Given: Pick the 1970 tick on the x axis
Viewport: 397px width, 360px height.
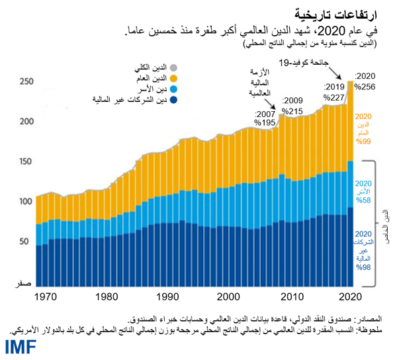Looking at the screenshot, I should point(46,297).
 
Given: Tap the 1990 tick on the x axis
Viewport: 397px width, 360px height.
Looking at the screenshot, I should point(168,297).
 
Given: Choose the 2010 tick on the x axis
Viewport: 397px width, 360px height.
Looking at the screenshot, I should point(289,297).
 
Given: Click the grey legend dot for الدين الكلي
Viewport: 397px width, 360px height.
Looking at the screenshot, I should point(174,67).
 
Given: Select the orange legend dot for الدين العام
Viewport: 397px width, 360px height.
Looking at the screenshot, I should point(174,79).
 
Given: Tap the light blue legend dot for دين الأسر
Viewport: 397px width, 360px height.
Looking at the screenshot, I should point(174,89).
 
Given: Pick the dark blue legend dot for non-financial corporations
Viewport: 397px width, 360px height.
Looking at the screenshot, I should point(174,101).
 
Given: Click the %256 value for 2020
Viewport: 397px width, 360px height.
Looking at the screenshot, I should point(365,87).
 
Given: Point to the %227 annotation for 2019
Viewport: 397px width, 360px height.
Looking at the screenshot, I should point(334,97).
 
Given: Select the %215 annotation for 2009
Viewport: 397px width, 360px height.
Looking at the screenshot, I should point(292,111).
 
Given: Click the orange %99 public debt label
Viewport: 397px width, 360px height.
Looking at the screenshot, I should point(364,142).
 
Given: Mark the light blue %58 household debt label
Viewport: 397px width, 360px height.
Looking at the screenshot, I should point(363,199).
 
